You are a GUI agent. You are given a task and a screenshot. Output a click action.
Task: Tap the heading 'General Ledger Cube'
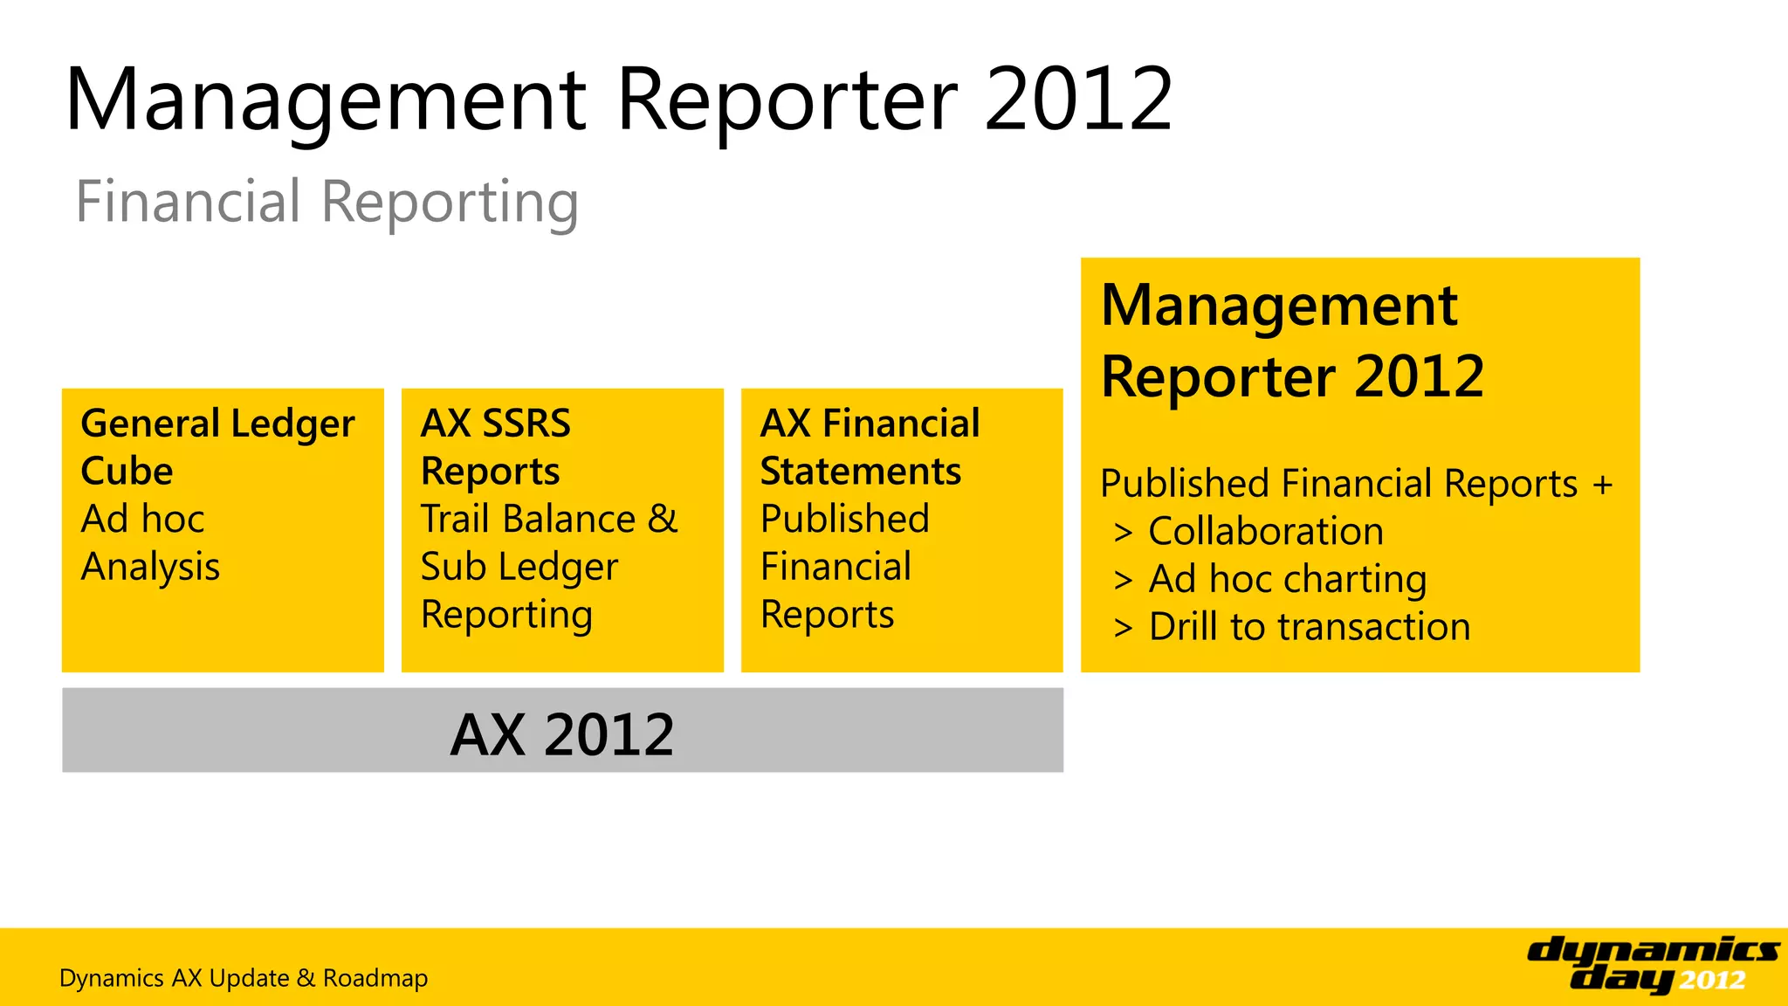coord(217,447)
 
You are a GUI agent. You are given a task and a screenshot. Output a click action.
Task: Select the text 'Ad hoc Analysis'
coord(150,543)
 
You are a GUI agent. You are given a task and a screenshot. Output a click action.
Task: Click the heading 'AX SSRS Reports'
coord(495,447)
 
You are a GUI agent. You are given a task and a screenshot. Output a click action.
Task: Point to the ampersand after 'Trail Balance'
coord(663,519)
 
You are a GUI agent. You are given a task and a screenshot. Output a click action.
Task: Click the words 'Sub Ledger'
coord(519,567)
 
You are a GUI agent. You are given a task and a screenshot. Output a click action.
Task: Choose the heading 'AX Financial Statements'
coord(870,447)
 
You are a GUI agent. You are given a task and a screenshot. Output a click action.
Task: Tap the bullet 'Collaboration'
coord(1265,532)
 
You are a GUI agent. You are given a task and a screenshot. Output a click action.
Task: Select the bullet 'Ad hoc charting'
coord(1287,580)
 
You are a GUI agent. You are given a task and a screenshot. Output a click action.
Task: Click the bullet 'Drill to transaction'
coord(1309,627)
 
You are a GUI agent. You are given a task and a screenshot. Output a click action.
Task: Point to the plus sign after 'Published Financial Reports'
coord(1602,484)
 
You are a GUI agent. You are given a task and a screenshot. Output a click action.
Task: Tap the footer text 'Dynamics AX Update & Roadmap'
coord(244,978)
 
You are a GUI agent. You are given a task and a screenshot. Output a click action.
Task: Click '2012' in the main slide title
coord(1079,100)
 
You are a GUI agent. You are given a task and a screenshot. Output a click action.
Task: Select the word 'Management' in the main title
coord(325,100)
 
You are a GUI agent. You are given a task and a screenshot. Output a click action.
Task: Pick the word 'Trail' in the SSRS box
coord(454,519)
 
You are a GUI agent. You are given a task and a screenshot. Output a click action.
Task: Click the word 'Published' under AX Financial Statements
coord(844,519)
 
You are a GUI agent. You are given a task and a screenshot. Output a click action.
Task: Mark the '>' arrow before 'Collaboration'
coord(1123,532)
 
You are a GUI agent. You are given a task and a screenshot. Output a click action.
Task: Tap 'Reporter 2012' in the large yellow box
coord(1292,377)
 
